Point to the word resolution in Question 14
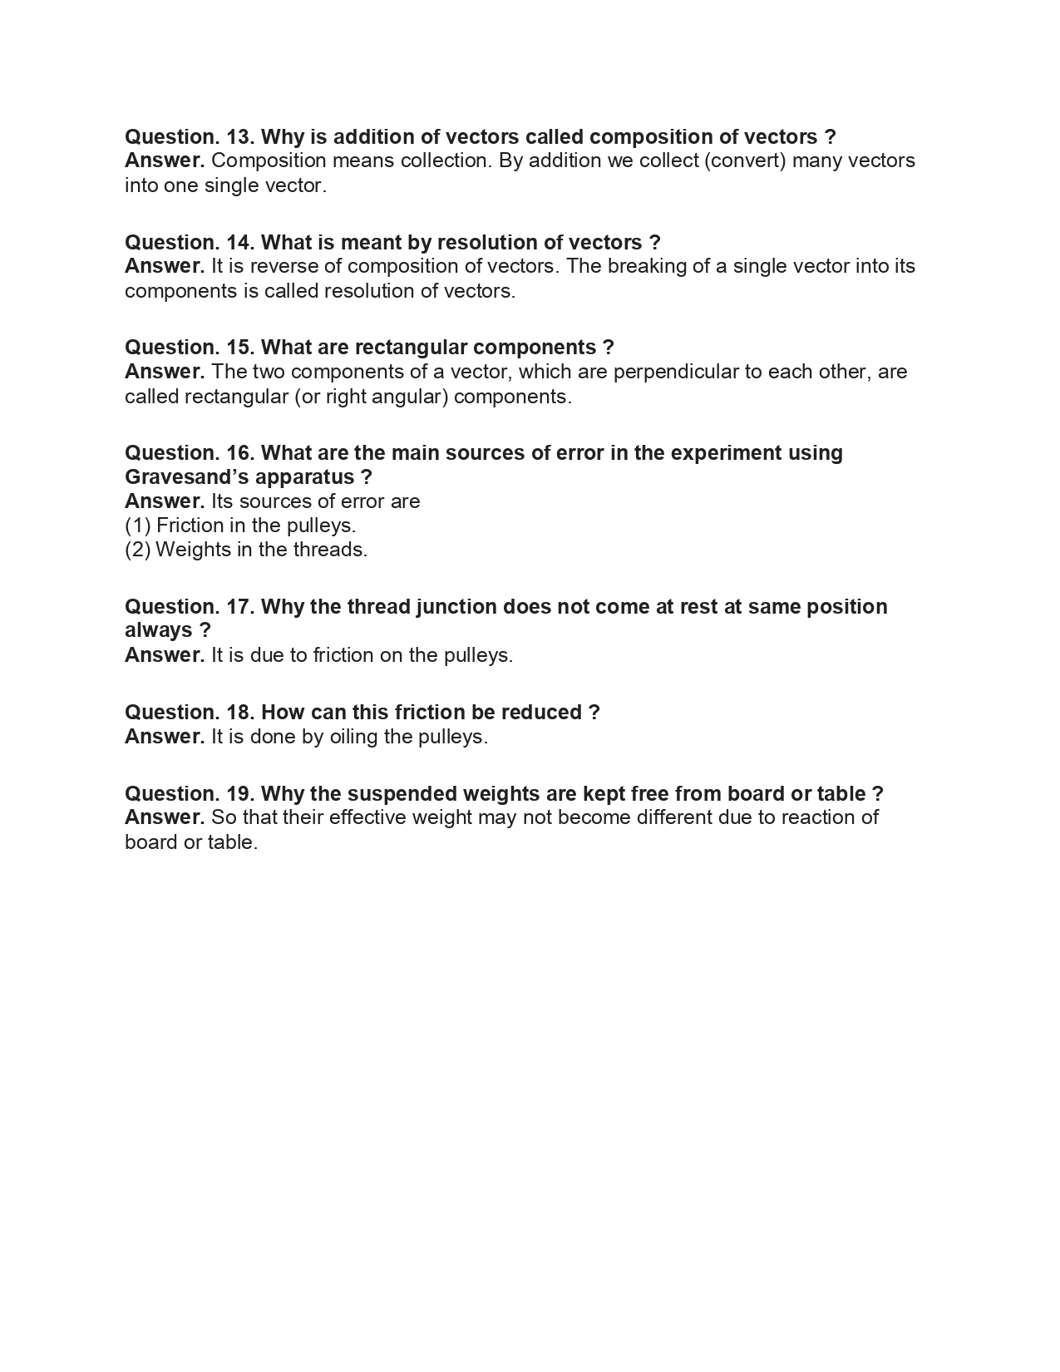pyautogui.click(x=487, y=242)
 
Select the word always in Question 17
pyautogui.click(x=158, y=630)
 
